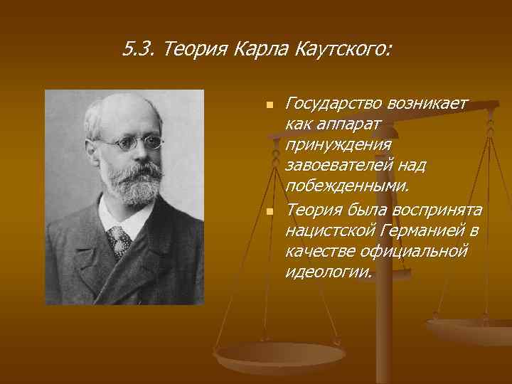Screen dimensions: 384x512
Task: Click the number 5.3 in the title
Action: click(x=136, y=50)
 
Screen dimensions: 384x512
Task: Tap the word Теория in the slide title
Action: click(x=186, y=50)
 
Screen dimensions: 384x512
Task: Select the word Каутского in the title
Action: click(x=346, y=50)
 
